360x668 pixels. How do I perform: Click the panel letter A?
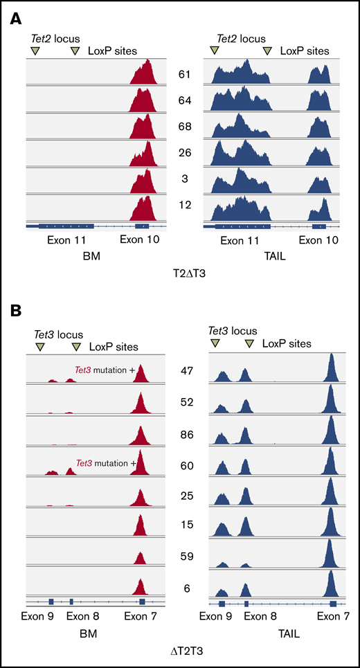15,21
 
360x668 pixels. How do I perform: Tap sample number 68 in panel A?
184,129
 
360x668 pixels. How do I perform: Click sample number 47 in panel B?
184,372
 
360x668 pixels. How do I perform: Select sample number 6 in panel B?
184,588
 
